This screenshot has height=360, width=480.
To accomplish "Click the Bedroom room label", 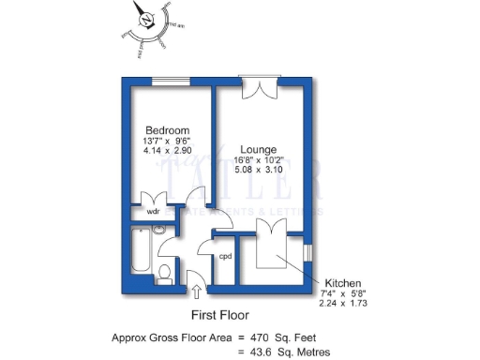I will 168,129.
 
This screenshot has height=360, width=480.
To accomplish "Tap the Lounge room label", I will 257,149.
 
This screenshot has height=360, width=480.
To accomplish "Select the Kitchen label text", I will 343,282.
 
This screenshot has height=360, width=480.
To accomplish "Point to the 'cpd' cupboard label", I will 225,256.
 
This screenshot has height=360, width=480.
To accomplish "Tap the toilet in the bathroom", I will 165,273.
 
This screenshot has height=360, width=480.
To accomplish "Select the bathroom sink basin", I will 158,229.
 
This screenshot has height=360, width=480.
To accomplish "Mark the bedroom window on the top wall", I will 167,79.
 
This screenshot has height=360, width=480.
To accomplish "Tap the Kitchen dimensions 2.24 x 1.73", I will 343,305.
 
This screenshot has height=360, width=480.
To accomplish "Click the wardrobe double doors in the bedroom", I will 153,199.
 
